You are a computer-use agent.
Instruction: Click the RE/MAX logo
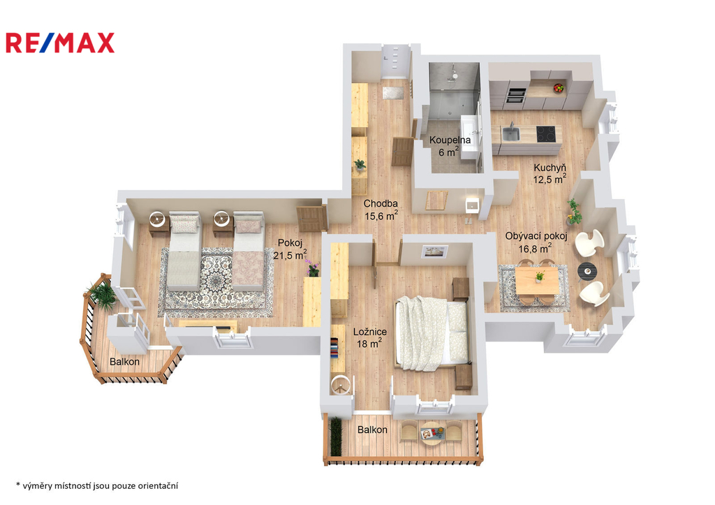tap(60, 43)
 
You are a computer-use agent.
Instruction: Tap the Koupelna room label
tap(450, 145)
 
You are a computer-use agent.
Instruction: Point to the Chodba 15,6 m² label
tap(381, 210)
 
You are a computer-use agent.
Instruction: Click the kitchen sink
tap(511, 131)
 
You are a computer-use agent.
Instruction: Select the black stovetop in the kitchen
tap(545, 132)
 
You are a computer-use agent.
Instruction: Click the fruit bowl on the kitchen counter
tap(558, 88)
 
